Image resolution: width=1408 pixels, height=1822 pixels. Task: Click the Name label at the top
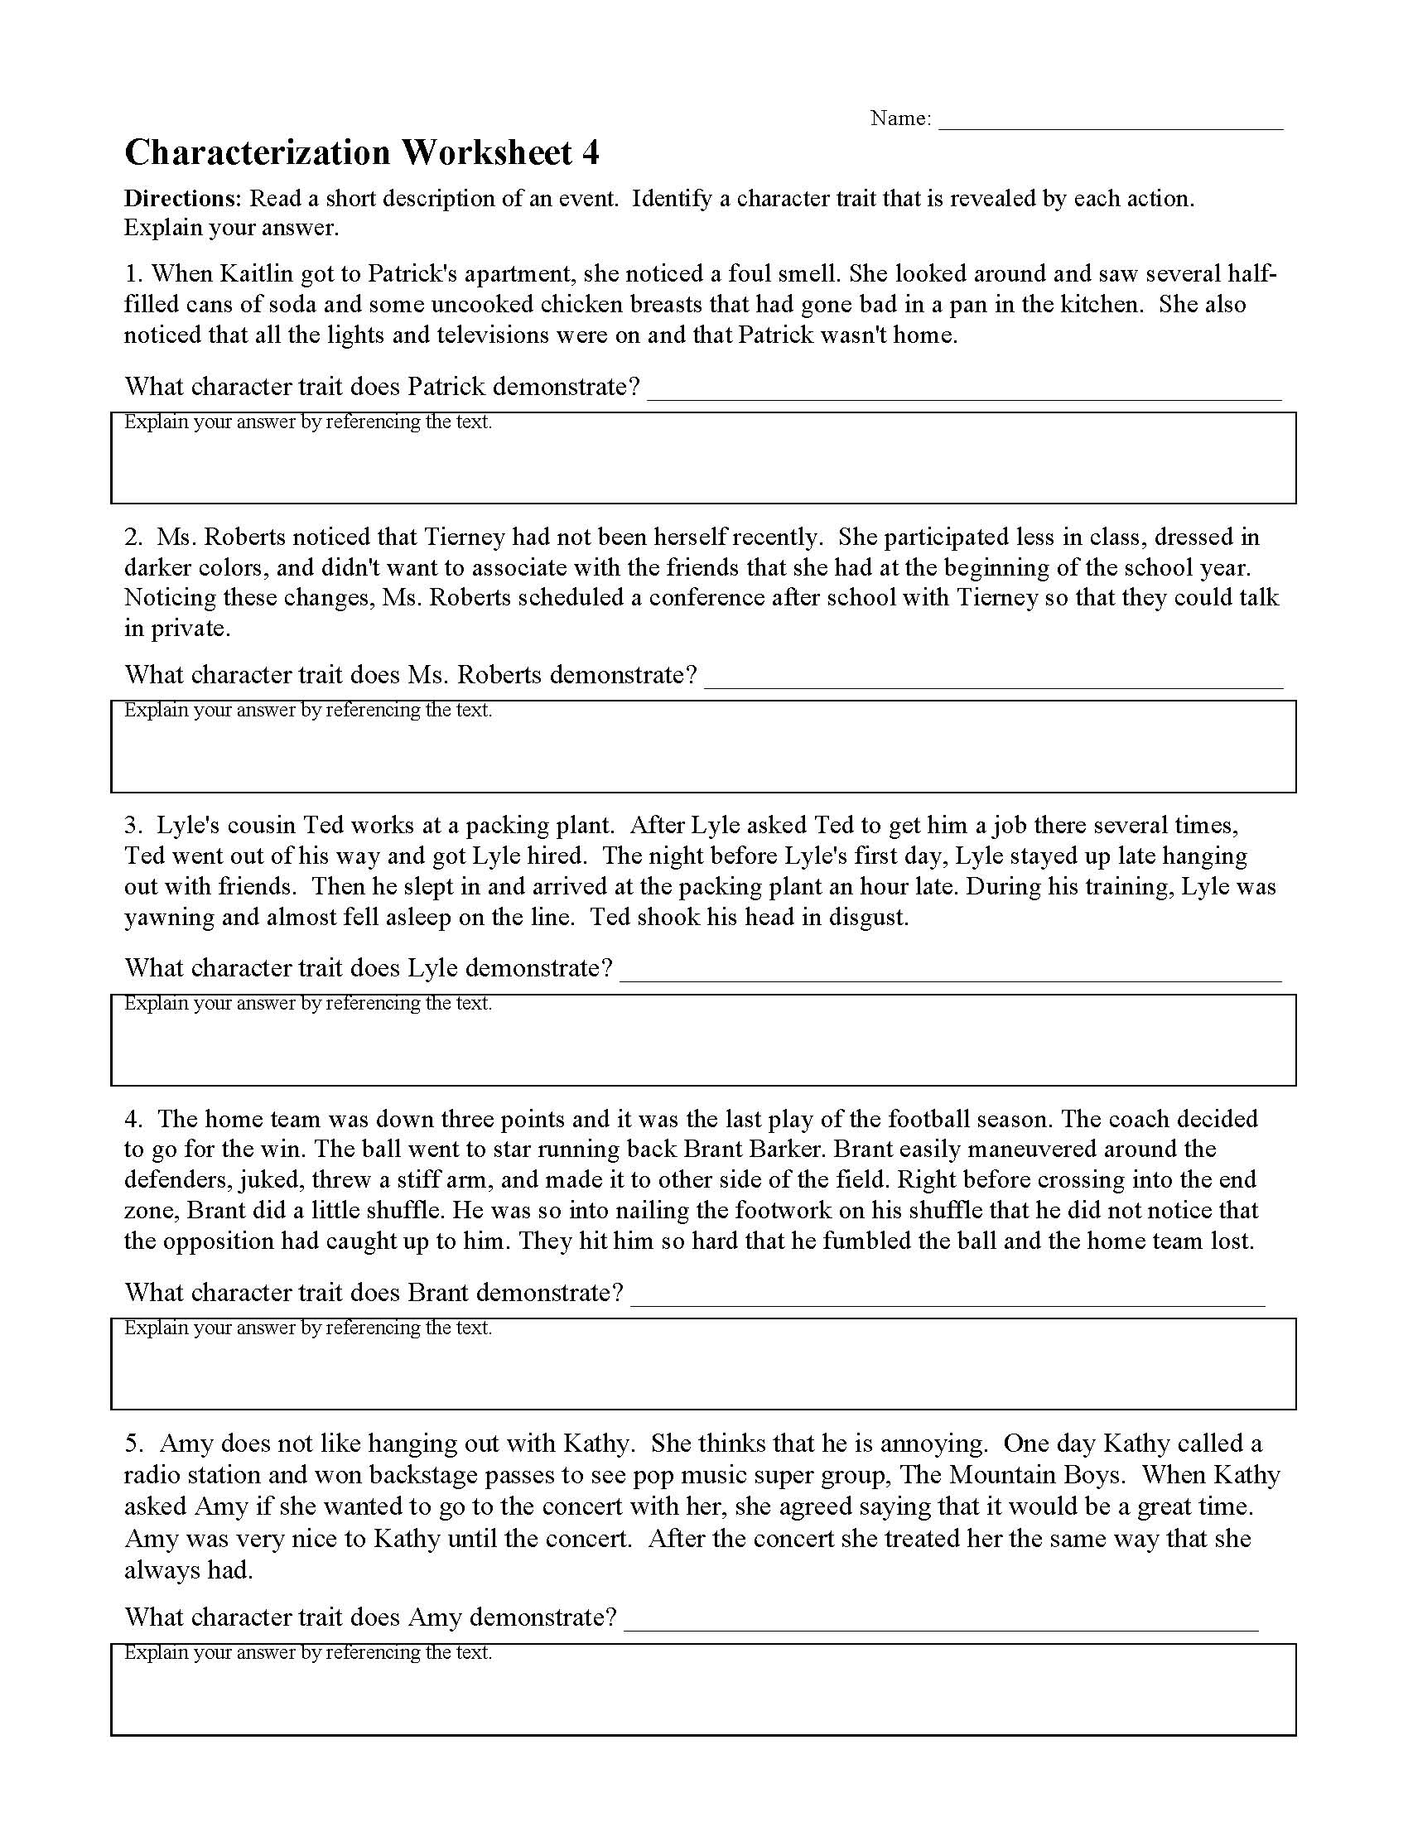900,118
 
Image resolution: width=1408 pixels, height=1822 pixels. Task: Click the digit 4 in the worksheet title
590,153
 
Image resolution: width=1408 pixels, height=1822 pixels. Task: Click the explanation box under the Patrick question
703,463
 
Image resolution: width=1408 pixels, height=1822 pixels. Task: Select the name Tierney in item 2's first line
464,537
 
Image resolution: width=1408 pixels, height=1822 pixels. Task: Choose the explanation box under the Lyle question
703,1044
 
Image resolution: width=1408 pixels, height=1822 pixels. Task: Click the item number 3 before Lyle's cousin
133,825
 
